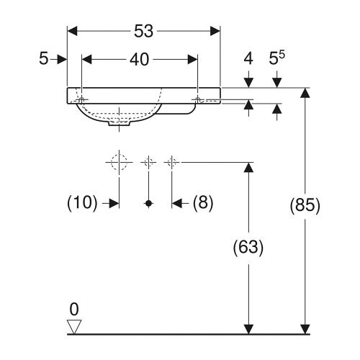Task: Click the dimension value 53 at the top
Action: (143, 31)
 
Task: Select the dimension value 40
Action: (139, 60)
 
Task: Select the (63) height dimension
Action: (248, 248)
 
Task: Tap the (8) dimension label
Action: (203, 204)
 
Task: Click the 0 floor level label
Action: (73, 310)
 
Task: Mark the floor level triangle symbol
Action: (73, 328)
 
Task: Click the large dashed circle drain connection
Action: (119, 162)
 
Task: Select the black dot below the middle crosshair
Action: (148, 204)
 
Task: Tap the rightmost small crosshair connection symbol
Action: (171, 162)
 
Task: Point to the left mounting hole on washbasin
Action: (83, 99)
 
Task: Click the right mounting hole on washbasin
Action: (197, 99)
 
